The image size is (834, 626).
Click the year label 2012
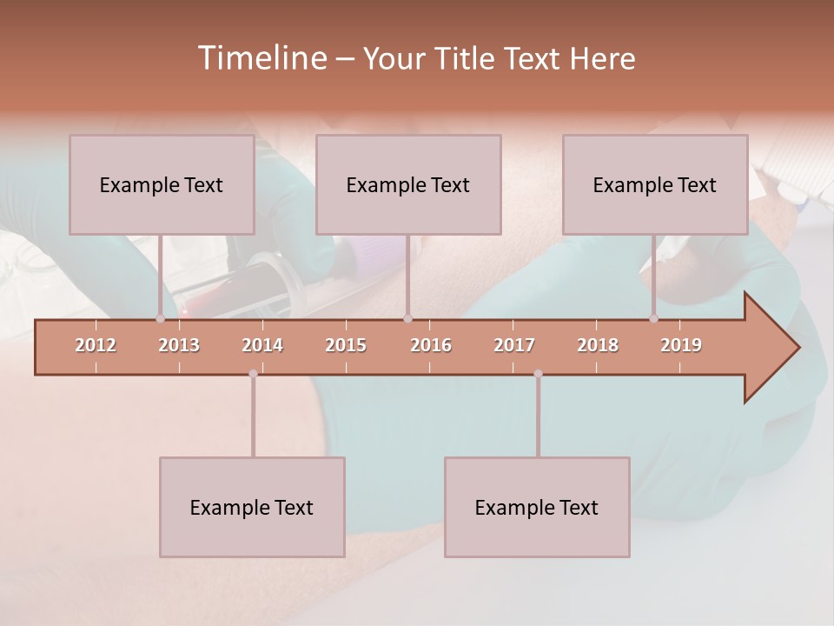point(96,345)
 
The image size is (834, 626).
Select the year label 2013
point(179,345)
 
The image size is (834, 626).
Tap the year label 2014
point(262,345)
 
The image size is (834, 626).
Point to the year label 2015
point(346,345)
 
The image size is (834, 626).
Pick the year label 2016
point(431,345)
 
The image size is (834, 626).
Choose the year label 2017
point(514,345)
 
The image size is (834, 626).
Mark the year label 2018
point(598,345)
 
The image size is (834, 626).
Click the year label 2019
point(681,345)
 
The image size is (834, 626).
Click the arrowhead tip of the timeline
point(798,348)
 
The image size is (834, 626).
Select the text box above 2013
point(162,184)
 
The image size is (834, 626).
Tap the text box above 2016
point(408,184)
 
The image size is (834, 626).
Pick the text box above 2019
point(655,184)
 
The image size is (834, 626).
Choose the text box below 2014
point(252,507)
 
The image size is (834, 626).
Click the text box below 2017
point(537,507)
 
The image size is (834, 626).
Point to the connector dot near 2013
point(160,319)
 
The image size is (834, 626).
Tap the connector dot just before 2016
point(407,319)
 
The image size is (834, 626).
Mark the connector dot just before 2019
point(653,319)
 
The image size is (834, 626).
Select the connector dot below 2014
point(253,374)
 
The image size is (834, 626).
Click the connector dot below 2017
point(538,374)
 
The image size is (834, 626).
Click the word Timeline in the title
point(261,57)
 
